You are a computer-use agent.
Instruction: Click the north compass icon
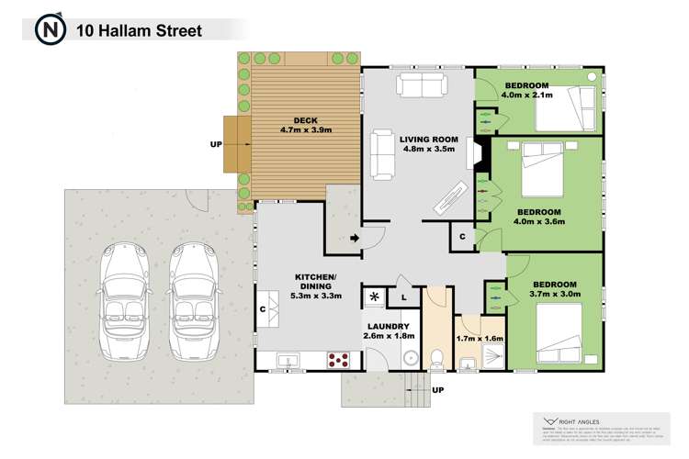[x=50, y=29]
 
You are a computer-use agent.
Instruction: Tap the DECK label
[x=305, y=119]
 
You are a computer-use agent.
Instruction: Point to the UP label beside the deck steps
[x=217, y=143]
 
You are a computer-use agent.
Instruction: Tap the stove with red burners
[x=338, y=358]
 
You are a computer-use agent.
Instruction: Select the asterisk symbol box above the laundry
[x=375, y=297]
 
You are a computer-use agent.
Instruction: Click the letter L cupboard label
[x=402, y=297]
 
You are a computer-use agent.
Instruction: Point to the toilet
[x=436, y=357]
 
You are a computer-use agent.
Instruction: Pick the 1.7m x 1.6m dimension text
[x=480, y=340]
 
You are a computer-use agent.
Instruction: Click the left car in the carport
[x=126, y=302]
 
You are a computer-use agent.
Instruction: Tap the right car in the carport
[x=193, y=302]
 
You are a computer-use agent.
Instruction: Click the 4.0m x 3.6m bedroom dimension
[x=537, y=222]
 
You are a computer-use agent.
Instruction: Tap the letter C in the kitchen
[x=263, y=309]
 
